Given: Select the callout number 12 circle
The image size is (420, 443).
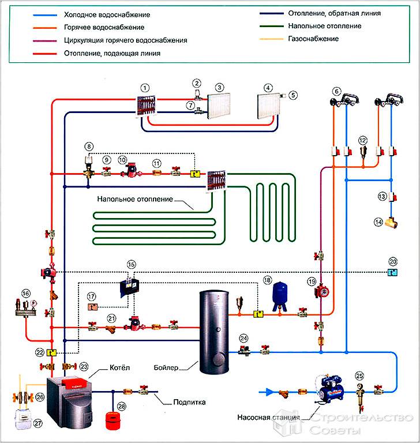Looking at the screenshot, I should coord(362,140).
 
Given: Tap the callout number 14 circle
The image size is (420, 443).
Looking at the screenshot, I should coord(379,221).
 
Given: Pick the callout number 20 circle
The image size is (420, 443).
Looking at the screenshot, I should coord(393,261).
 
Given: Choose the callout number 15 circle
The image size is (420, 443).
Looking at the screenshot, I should coord(131,265).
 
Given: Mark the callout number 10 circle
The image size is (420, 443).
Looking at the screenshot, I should coord(122,159).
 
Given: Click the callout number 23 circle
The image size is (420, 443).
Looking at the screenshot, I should coord(84,366).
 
